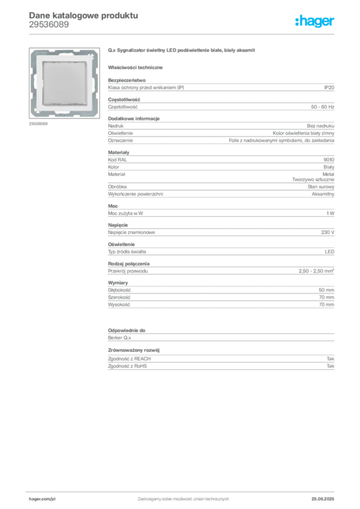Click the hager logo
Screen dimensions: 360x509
point(315,21)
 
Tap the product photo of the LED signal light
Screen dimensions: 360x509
point(64,83)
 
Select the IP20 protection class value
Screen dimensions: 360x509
point(329,87)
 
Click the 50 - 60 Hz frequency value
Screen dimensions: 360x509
point(322,107)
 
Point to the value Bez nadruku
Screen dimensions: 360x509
point(320,126)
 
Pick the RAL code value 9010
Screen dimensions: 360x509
point(329,160)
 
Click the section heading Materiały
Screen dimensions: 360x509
point(118,153)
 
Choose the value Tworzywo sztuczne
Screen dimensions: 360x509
point(313,179)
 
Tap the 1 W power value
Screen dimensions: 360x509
point(331,213)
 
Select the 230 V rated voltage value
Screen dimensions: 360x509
point(328,233)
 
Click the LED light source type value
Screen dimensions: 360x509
point(330,252)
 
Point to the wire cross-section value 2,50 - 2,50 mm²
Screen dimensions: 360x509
point(317,271)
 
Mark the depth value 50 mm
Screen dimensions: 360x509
point(326,290)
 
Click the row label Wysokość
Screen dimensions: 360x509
point(119,305)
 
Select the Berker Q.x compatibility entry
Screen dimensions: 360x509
point(119,338)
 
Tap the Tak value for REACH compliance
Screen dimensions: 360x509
point(331,359)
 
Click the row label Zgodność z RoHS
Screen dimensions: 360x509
point(127,366)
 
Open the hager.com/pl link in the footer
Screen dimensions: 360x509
point(42,499)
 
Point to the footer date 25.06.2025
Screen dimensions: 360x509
point(323,499)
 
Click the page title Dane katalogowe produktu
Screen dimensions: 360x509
point(84,15)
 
